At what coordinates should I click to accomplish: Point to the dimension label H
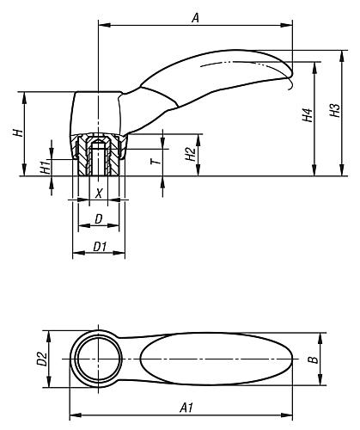pyautogui.click(x=16, y=132)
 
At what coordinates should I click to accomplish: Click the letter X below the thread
pyautogui.click(x=99, y=194)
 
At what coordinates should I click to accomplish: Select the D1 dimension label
pyautogui.click(x=99, y=247)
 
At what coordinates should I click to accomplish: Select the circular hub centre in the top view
pyautogui.click(x=97, y=358)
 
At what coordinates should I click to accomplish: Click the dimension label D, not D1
pyautogui.click(x=99, y=220)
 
